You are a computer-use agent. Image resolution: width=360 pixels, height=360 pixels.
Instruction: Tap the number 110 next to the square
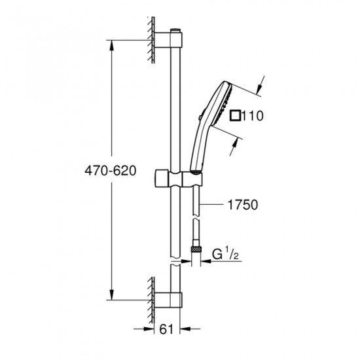tap(251, 117)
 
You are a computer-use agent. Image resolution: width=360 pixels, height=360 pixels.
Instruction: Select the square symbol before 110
tap(236, 117)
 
